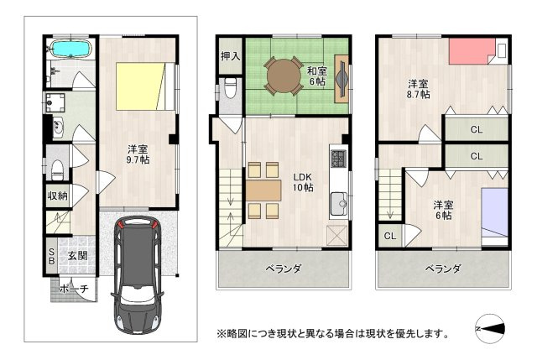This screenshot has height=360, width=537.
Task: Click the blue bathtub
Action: tap(70, 49)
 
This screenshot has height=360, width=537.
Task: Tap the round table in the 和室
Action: tap(284, 76)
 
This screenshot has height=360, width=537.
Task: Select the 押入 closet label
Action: tap(231, 56)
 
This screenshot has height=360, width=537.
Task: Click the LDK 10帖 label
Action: tap(303, 182)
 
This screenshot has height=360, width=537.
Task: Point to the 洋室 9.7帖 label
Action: tap(138, 154)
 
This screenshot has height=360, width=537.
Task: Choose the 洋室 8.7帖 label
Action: tap(418, 89)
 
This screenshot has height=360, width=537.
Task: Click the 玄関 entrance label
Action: tap(77, 256)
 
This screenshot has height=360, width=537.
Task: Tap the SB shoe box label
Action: tap(51, 256)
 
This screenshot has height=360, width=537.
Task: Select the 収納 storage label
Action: tap(58, 196)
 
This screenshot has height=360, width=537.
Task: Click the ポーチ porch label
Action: tap(74, 289)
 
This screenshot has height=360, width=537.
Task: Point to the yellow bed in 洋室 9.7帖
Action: tap(141, 86)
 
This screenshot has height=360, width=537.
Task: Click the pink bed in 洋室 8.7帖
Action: tap(472, 51)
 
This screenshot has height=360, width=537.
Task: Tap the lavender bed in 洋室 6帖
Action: tap(494, 212)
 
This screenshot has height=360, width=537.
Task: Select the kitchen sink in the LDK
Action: tap(339, 203)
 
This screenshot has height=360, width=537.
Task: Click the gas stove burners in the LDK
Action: tap(339, 159)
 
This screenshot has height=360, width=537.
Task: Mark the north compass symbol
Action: tap(490, 329)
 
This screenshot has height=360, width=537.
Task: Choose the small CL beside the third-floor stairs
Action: tap(390, 236)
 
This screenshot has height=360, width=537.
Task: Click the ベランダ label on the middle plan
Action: tap(284, 269)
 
